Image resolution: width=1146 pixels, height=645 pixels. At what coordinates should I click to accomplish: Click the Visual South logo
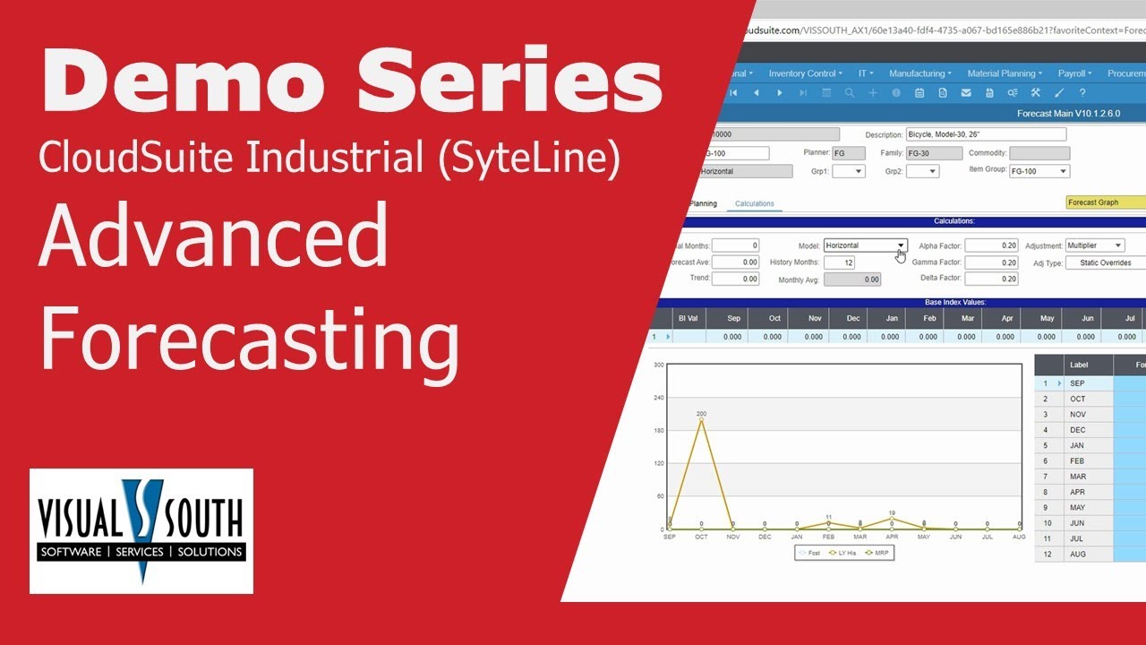click(141, 530)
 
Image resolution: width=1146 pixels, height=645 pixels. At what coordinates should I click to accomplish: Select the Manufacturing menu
click(920, 73)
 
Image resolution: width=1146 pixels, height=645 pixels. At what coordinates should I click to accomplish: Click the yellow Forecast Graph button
click(1105, 202)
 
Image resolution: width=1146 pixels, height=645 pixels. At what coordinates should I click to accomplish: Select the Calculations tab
click(754, 203)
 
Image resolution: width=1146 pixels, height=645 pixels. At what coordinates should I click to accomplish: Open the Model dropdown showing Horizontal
click(865, 245)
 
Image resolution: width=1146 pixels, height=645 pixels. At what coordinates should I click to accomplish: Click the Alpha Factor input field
click(991, 245)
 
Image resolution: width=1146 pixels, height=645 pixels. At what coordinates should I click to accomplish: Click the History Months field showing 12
click(838, 262)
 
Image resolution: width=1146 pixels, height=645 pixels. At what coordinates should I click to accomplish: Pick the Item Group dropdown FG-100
click(1039, 171)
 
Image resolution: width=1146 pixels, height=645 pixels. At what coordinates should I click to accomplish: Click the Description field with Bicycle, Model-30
click(985, 134)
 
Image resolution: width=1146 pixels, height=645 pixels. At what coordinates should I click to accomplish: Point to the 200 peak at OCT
click(701, 420)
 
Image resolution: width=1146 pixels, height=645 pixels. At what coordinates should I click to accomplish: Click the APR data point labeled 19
click(892, 519)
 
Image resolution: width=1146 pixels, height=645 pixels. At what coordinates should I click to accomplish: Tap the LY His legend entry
click(845, 553)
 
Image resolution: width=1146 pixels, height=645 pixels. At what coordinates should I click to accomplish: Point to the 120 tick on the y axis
click(658, 463)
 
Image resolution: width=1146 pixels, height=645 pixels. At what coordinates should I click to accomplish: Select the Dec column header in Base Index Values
click(853, 318)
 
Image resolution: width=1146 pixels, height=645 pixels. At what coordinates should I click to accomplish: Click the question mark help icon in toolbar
click(1082, 92)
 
